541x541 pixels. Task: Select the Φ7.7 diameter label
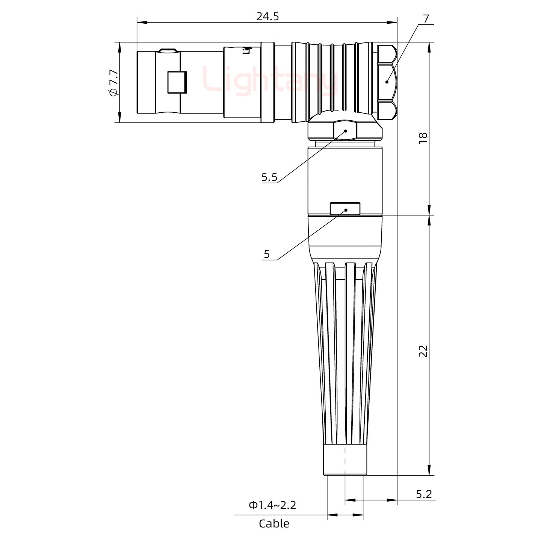113,83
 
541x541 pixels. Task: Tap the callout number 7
425,18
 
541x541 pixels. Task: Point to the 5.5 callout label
269,177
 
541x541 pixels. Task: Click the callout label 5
266,254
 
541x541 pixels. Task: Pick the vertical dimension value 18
423,137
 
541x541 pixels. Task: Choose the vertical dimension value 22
423,351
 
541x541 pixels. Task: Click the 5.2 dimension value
423,494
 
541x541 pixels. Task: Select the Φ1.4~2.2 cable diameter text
272,505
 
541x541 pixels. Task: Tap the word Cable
274,523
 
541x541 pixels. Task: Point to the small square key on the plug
177,82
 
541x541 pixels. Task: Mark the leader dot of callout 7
387,82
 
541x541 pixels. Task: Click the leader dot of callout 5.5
346,131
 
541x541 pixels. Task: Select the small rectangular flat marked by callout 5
345,209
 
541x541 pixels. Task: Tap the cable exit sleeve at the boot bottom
345,461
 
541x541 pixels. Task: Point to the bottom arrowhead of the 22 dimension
429,471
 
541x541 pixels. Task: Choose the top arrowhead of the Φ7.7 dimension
120,45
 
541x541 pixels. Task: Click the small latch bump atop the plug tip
168,50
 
